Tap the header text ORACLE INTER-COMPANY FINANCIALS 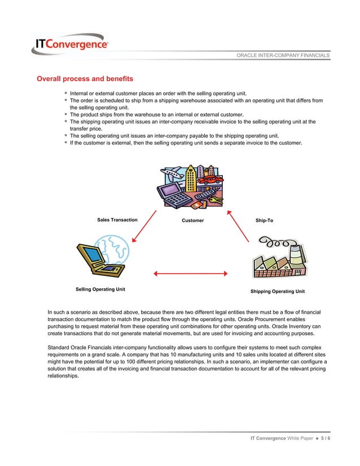click(x=283, y=55)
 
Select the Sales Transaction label click(x=117, y=219)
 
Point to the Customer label click(x=192, y=220)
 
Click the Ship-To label click(x=264, y=219)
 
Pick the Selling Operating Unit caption click(x=100, y=289)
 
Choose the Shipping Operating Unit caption click(x=277, y=292)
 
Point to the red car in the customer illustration click(x=212, y=180)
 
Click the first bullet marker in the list click(x=65, y=93)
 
